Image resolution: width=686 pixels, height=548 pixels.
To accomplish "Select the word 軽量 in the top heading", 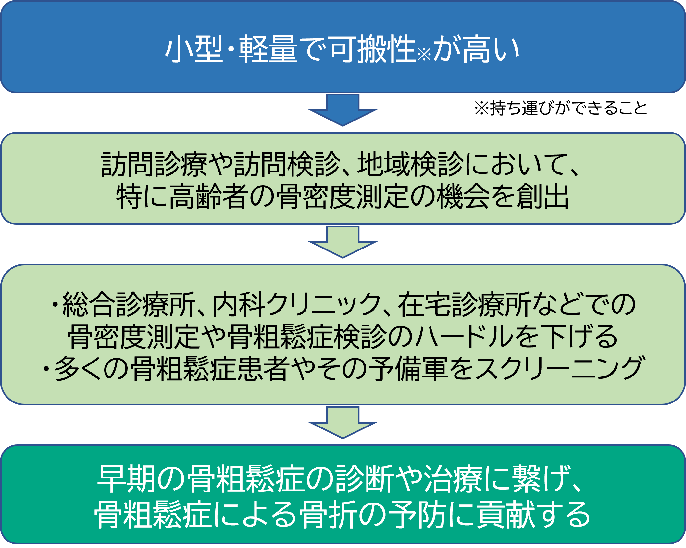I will [x=268, y=49].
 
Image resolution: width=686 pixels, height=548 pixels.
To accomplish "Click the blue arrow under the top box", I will [x=343, y=110].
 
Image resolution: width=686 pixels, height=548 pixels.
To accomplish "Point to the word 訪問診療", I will [x=154, y=165].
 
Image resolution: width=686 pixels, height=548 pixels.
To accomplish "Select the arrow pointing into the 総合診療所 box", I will [x=343, y=242].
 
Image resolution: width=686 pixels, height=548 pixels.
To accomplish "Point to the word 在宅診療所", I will [x=464, y=304].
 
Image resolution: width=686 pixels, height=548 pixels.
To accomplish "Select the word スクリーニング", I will [x=558, y=369].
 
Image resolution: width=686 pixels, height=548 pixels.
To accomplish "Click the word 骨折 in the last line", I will [x=327, y=515].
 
